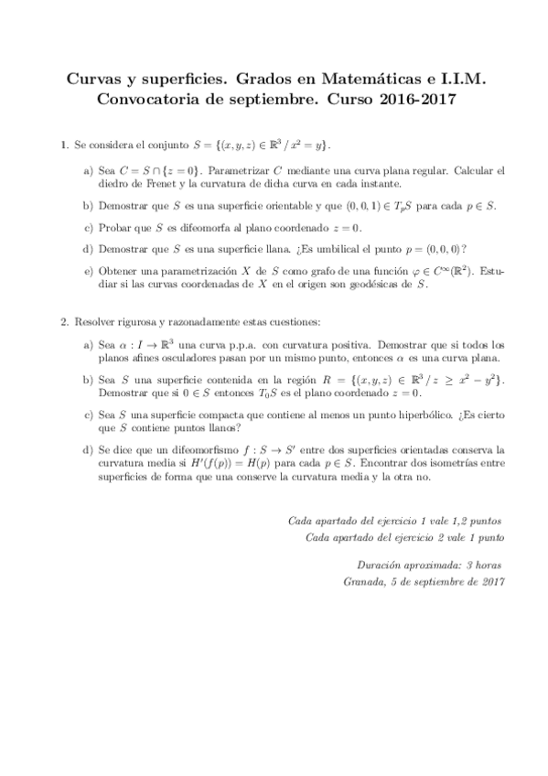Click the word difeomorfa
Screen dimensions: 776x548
point(201,227)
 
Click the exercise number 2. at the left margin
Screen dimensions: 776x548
point(65,323)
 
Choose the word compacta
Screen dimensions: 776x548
point(198,415)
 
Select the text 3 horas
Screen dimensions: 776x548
point(485,566)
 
